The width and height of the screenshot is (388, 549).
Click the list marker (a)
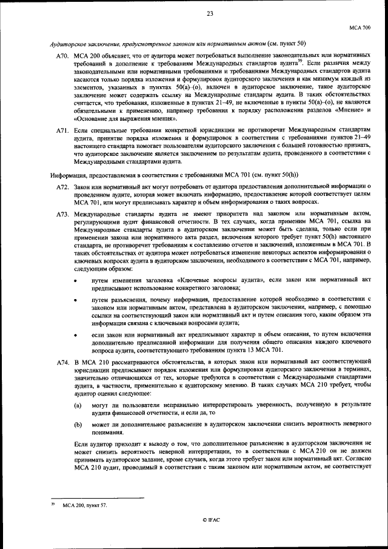pyautogui.click(x=78, y=404)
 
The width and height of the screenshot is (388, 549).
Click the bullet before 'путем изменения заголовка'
pyautogui.click(x=75, y=281)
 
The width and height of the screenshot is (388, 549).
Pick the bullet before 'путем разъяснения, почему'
pyautogui.click(x=75, y=300)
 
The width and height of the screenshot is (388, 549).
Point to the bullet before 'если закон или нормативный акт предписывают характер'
pyautogui.click(x=75, y=334)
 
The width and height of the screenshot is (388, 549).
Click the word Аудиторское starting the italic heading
pyautogui.click(x=67, y=44)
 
